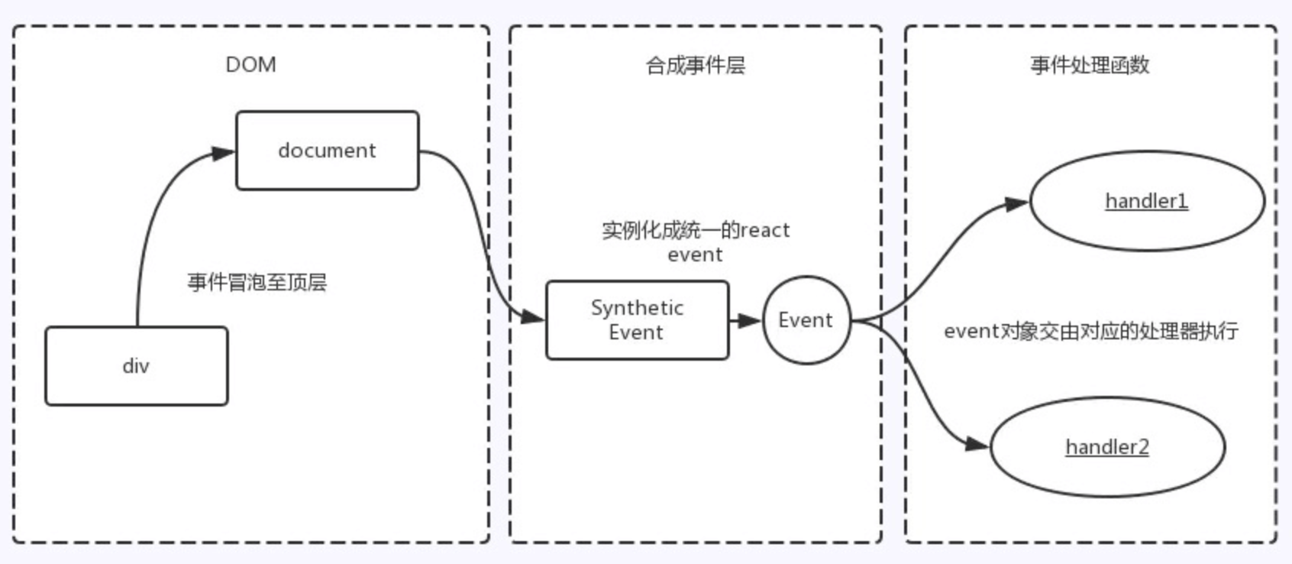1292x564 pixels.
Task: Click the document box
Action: point(327,151)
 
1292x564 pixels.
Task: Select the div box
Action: point(136,366)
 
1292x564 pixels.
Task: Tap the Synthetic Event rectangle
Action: point(637,320)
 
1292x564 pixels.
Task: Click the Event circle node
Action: point(806,320)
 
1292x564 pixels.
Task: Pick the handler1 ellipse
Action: point(1146,201)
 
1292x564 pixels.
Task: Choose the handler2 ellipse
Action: point(1107,447)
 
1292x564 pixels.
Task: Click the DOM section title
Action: point(250,65)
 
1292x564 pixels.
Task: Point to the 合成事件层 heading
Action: point(695,66)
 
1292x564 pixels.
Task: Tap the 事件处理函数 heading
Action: point(1090,66)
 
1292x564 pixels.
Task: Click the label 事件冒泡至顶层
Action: point(257,283)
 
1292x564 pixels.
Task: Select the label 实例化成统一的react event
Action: point(695,241)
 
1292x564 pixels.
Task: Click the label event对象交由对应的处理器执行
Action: point(1090,331)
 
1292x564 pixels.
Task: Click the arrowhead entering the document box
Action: point(223,153)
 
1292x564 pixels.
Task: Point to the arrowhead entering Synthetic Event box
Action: point(532,316)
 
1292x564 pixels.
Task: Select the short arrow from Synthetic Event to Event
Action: point(745,320)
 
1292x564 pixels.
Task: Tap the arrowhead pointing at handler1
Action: point(1016,204)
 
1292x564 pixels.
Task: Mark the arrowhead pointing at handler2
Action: point(977,444)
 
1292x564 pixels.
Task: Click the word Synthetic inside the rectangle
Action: point(637,308)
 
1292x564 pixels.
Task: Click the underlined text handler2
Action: point(1107,447)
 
